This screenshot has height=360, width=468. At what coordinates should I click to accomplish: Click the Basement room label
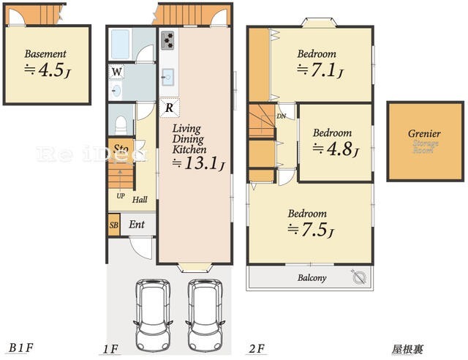click(x=45, y=53)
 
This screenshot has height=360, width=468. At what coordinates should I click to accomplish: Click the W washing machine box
click(x=117, y=72)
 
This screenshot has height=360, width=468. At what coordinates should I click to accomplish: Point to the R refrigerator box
click(x=168, y=108)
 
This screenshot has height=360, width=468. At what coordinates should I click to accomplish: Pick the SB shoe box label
click(x=114, y=225)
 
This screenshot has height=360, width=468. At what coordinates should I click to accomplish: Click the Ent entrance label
click(x=137, y=225)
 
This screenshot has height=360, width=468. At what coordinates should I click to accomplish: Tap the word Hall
click(x=140, y=199)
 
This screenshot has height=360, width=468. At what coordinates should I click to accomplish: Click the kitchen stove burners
click(x=167, y=38)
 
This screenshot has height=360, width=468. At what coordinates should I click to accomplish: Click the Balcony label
click(x=312, y=278)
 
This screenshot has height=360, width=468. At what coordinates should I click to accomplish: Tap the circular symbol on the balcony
click(x=358, y=277)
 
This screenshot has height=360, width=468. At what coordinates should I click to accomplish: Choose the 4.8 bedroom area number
click(x=334, y=149)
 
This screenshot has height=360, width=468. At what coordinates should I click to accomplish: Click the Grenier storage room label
click(x=424, y=134)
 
